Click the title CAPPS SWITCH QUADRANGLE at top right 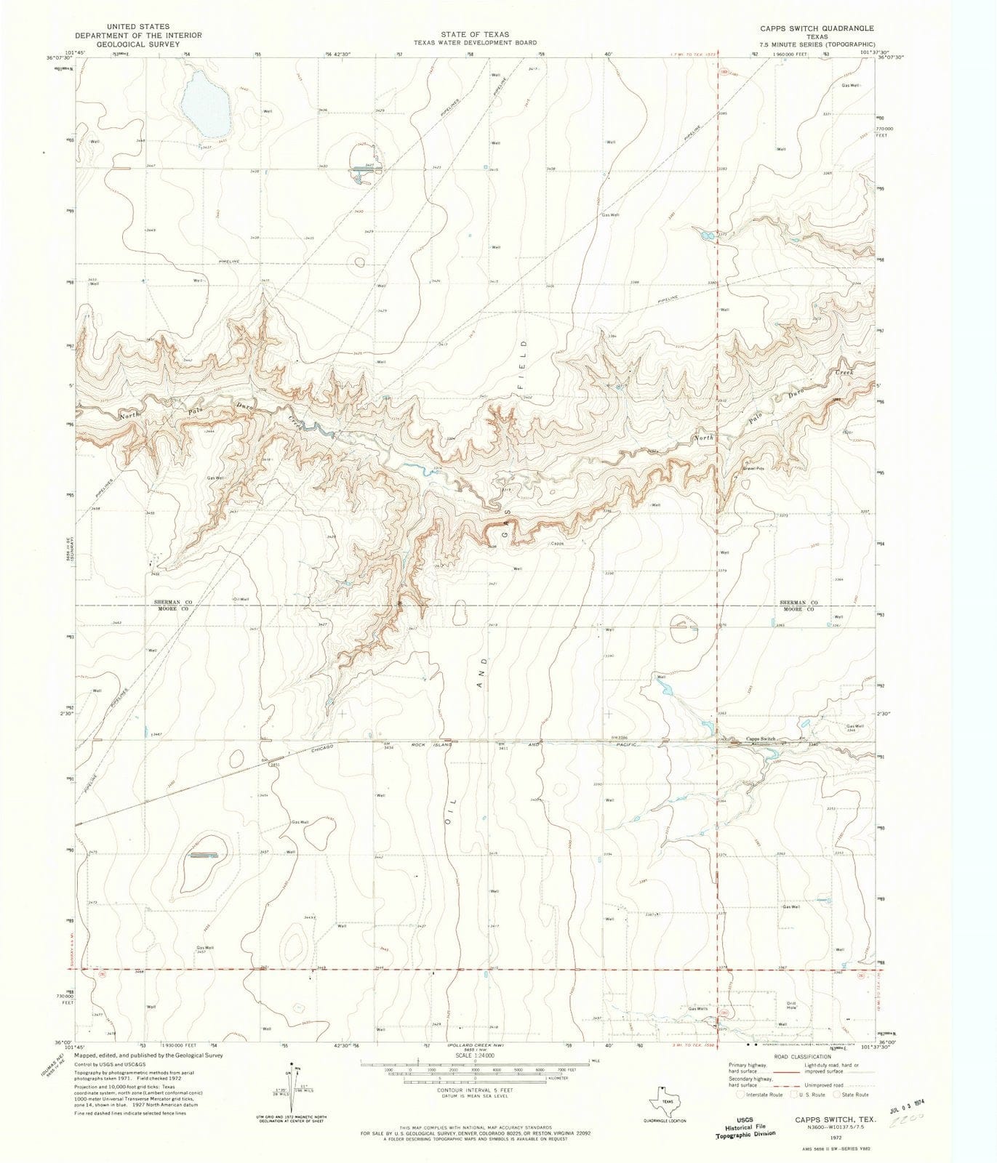click(808, 28)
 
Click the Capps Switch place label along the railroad click(761, 739)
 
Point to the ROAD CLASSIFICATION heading click(802, 1056)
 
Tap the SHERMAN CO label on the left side click(172, 603)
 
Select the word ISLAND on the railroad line click(441, 745)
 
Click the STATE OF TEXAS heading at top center click(474, 34)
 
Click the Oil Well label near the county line click(241, 599)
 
